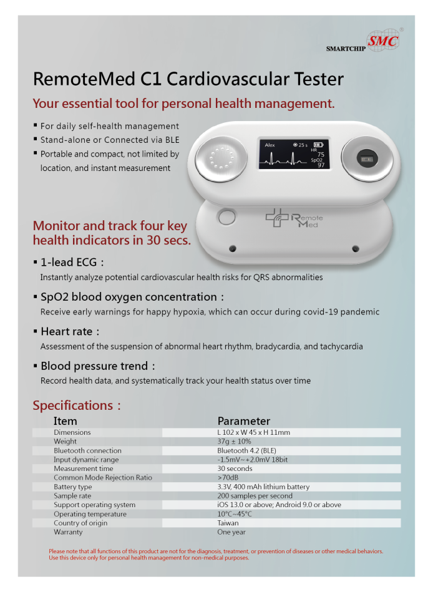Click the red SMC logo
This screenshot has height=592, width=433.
(383, 41)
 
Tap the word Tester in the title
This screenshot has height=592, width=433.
(319, 79)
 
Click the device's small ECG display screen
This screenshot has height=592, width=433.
(294, 154)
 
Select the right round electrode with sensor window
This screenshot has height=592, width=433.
(367, 159)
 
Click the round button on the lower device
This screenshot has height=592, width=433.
(227, 217)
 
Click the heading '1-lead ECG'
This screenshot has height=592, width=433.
(69, 262)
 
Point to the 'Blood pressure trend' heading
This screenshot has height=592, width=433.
(94, 366)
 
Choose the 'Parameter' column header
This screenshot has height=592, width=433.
(244, 421)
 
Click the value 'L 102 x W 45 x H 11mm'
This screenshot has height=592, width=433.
(254, 433)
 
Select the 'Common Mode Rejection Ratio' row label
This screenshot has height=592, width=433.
(103, 478)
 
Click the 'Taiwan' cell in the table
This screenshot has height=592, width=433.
(228, 523)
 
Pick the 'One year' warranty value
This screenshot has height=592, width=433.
(231, 532)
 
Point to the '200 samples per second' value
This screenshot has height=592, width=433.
(255, 496)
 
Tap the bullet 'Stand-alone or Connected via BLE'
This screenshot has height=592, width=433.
(110, 140)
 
